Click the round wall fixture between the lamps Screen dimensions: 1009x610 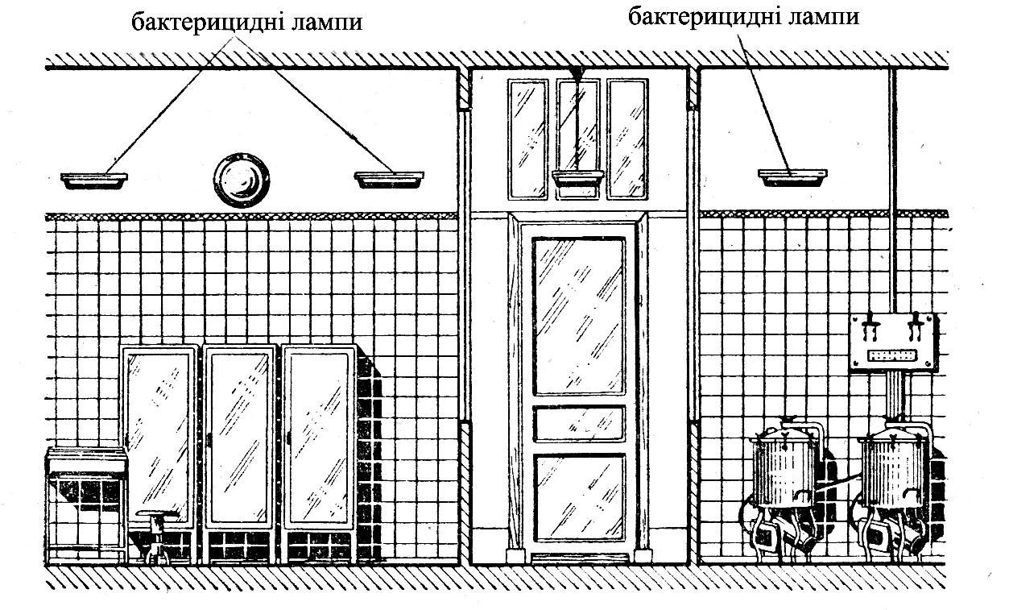[x=241, y=180]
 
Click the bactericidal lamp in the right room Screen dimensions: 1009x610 [x=792, y=176]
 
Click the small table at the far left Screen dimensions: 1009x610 [x=86, y=500]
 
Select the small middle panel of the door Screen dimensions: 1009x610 [x=578, y=423]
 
